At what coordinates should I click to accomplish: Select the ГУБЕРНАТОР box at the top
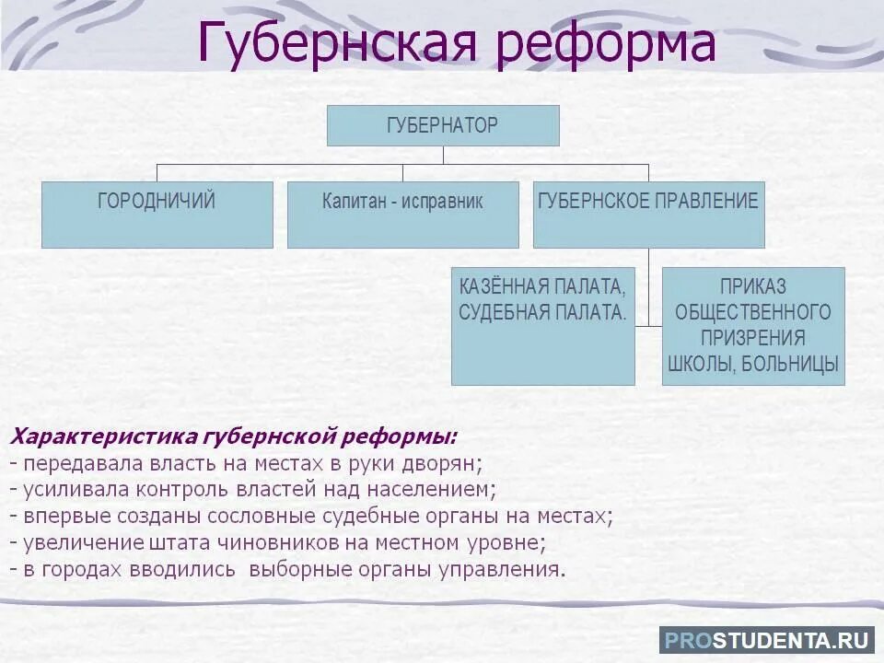coord(443,125)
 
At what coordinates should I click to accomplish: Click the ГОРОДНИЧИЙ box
coord(157,214)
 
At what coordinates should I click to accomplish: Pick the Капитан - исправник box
coord(402,214)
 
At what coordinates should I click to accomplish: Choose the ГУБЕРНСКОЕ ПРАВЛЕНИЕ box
coord(648,214)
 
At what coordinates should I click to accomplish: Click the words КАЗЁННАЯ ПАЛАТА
coord(542,286)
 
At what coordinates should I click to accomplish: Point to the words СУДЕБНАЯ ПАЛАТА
coord(542,312)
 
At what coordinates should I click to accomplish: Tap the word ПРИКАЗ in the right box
coord(753,286)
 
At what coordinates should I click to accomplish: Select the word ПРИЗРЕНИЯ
coord(753,338)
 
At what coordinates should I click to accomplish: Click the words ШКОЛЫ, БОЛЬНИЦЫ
coord(753,364)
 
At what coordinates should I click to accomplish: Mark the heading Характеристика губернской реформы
coord(233,436)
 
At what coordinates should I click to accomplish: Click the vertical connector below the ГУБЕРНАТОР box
coord(443,155)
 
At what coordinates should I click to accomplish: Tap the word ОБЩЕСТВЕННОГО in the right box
coord(753,312)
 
